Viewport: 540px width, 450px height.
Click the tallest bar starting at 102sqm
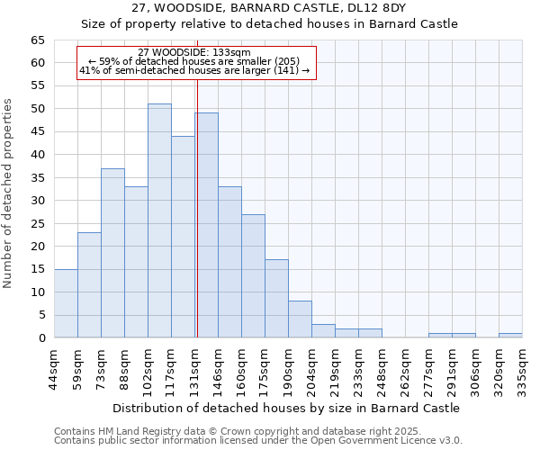click(x=159, y=220)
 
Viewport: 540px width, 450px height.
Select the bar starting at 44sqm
click(x=66, y=303)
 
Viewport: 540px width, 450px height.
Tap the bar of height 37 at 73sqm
click(x=112, y=253)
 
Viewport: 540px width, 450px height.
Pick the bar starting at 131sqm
click(x=206, y=225)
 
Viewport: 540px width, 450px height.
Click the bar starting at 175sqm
click(x=276, y=299)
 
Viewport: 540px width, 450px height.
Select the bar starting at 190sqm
click(x=300, y=319)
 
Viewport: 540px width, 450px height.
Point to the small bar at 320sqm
click(x=510, y=336)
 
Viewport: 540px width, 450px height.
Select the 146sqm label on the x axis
click(x=218, y=366)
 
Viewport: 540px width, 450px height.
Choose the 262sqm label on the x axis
click(x=405, y=366)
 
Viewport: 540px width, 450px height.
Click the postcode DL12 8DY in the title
click(x=378, y=7)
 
